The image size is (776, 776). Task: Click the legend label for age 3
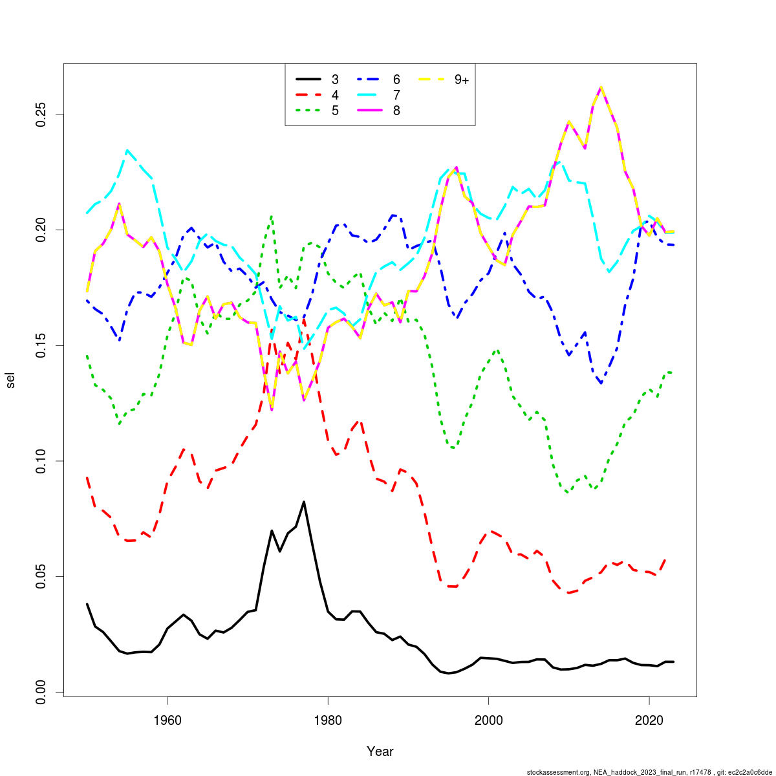[x=335, y=80]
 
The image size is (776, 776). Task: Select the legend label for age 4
[x=335, y=95]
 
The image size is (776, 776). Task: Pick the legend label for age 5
[x=335, y=111]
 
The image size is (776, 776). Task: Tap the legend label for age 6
[x=396, y=80]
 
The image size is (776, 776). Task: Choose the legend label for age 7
[x=396, y=95]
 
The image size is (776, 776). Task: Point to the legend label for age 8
[x=396, y=111]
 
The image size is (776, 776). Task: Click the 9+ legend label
[x=461, y=80]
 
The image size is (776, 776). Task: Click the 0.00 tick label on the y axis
[x=43, y=692]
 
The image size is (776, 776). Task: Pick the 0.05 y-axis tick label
[x=43, y=576]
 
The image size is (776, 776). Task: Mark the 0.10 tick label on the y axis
[x=43, y=461]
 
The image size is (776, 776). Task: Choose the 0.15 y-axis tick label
[x=43, y=345]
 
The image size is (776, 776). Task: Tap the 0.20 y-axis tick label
[x=43, y=230]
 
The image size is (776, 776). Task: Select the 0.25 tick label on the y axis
[x=43, y=114]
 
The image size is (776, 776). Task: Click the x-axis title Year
[x=380, y=751]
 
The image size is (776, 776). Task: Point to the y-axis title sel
[x=11, y=380]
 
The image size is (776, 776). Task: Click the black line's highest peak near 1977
[x=304, y=502]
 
